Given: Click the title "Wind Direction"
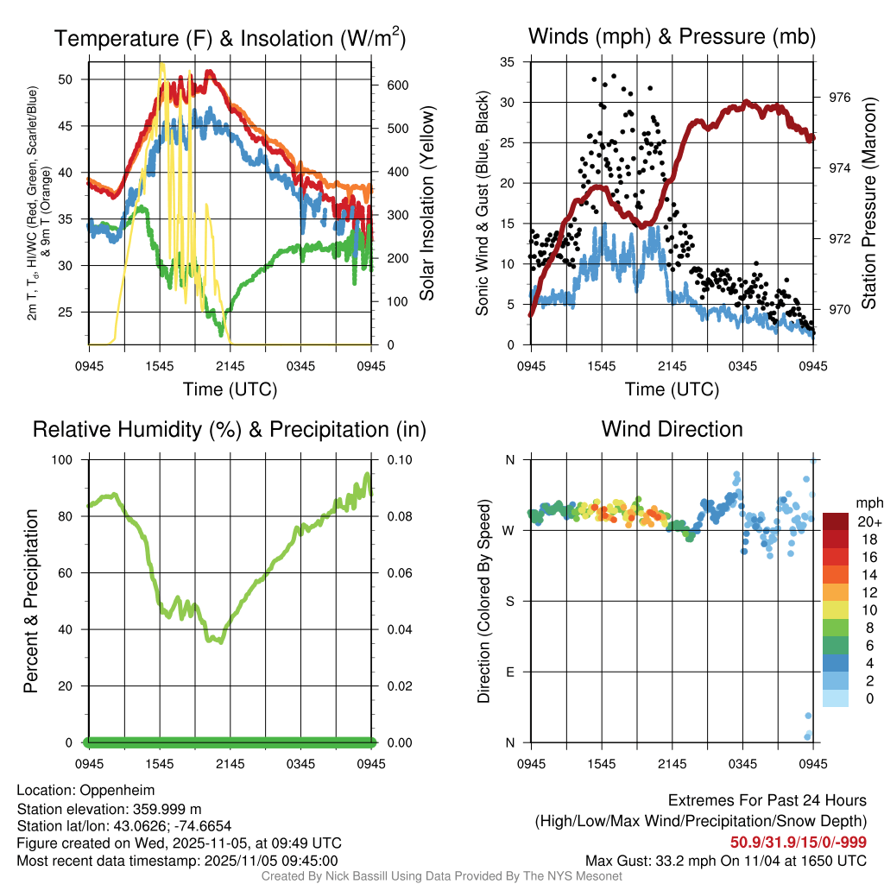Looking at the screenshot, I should pos(672,429).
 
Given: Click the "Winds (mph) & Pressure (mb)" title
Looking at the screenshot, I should pos(672,36).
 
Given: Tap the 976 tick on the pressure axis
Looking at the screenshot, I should pos(840,98).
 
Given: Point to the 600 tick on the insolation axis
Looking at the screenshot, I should pos(397,85).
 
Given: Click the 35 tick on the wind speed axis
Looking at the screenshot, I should pos(508,62).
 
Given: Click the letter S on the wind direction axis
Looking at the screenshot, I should pos(509,602).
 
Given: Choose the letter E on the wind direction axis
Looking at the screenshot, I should pos(509,672).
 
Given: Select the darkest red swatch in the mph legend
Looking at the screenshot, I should pos(836,521).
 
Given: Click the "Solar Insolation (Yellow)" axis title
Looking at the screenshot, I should pos(427,203).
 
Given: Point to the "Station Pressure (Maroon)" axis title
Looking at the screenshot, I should pos(869,203).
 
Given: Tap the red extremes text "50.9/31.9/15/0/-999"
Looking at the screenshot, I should pos(799,842).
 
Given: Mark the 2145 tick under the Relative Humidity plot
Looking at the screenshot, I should pos(230,764).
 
